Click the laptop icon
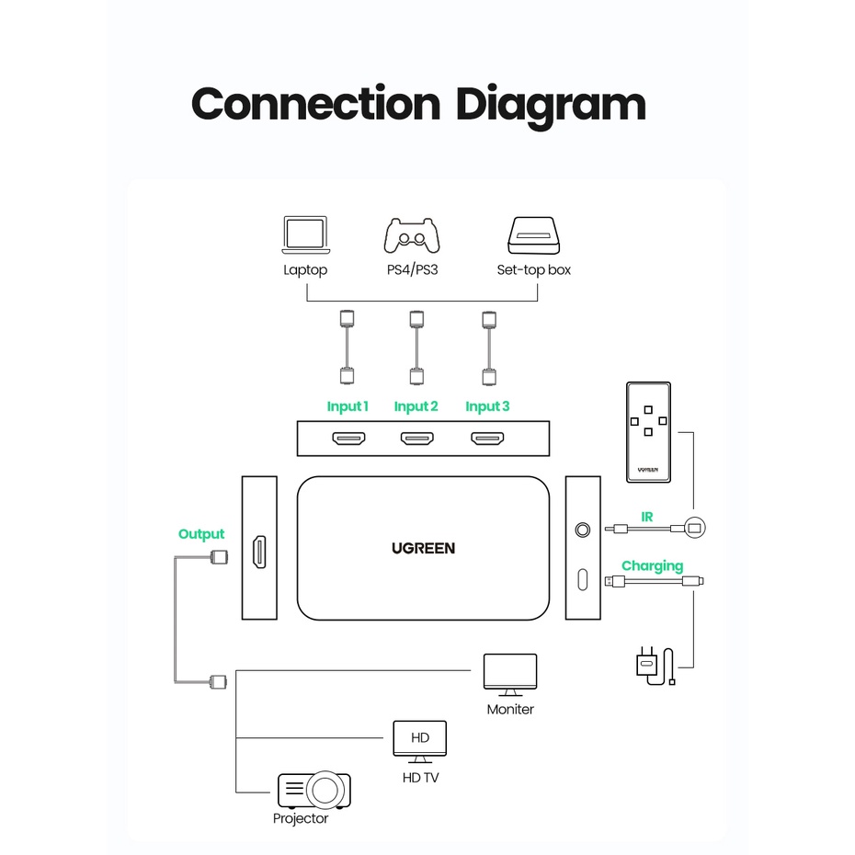click(x=306, y=235)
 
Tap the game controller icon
click(x=412, y=235)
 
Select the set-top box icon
click(x=534, y=235)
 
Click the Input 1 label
click(x=348, y=406)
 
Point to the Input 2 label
click(x=416, y=406)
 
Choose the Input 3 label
click(x=487, y=406)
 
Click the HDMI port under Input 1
click(x=348, y=439)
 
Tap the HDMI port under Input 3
click(x=487, y=439)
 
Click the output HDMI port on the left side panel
click(x=259, y=552)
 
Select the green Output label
click(x=201, y=534)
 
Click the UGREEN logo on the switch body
click(x=423, y=549)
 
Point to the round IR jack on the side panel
click(x=583, y=530)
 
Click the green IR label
click(x=646, y=517)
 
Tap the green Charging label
click(x=652, y=566)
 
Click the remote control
click(x=648, y=432)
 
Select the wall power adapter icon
click(x=655, y=666)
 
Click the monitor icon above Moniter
click(x=510, y=675)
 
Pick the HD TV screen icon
click(x=420, y=742)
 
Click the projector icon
click(x=314, y=790)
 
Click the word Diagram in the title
click(x=551, y=106)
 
